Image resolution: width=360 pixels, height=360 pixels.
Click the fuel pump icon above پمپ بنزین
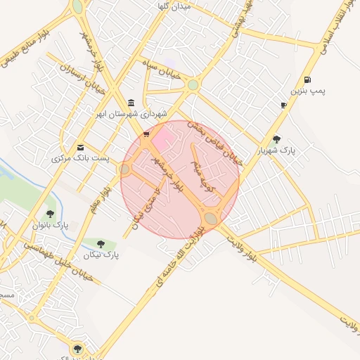307,79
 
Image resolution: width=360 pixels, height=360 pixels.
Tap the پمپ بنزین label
307,91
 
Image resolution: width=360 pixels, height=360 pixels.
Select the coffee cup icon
283,105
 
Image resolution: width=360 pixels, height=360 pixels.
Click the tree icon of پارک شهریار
276,139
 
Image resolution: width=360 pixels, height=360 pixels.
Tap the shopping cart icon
146,134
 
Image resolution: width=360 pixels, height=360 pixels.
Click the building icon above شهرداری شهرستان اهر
131,103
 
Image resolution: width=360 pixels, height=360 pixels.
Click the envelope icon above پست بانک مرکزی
81,148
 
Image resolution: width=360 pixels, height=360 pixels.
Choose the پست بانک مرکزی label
80,159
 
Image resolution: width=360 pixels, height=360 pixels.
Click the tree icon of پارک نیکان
101,244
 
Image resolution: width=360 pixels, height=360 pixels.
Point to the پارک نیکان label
103,255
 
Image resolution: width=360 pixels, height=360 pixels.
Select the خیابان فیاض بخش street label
219,143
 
